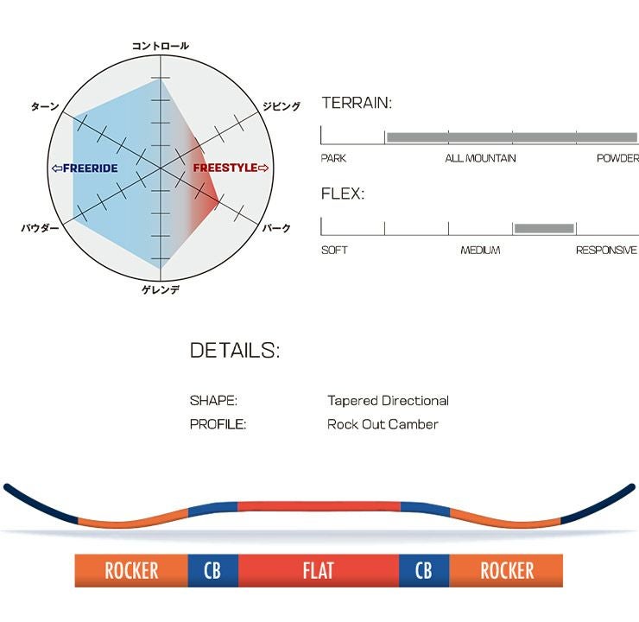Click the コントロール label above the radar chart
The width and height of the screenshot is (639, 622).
pos(161,46)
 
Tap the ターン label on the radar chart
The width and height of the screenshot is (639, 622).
pos(45,106)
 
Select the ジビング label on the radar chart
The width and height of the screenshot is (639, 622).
pos(282,106)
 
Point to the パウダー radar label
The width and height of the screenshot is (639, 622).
pos(40,228)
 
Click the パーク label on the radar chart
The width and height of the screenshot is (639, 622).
pos(275,228)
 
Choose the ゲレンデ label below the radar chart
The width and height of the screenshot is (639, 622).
pos(161,289)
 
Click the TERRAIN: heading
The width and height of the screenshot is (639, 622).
pos(357,104)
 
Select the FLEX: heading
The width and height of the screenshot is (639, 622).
pos(343,194)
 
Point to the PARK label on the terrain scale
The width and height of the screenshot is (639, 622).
pos(333,158)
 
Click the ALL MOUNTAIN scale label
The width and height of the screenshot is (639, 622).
pos(480,158)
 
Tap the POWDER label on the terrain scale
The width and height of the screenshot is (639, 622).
pos(617,158)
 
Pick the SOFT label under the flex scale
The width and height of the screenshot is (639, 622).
pos(334,250)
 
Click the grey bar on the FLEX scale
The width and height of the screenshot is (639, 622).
pos(544,228)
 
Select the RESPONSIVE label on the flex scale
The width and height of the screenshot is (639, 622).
pos(606,250)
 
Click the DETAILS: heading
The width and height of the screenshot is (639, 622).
pos(234,350)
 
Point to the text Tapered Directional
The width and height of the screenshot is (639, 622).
pos(388,401)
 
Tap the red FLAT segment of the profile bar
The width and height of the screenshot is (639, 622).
pos(318,571)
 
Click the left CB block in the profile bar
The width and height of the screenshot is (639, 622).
pos(212,571)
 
